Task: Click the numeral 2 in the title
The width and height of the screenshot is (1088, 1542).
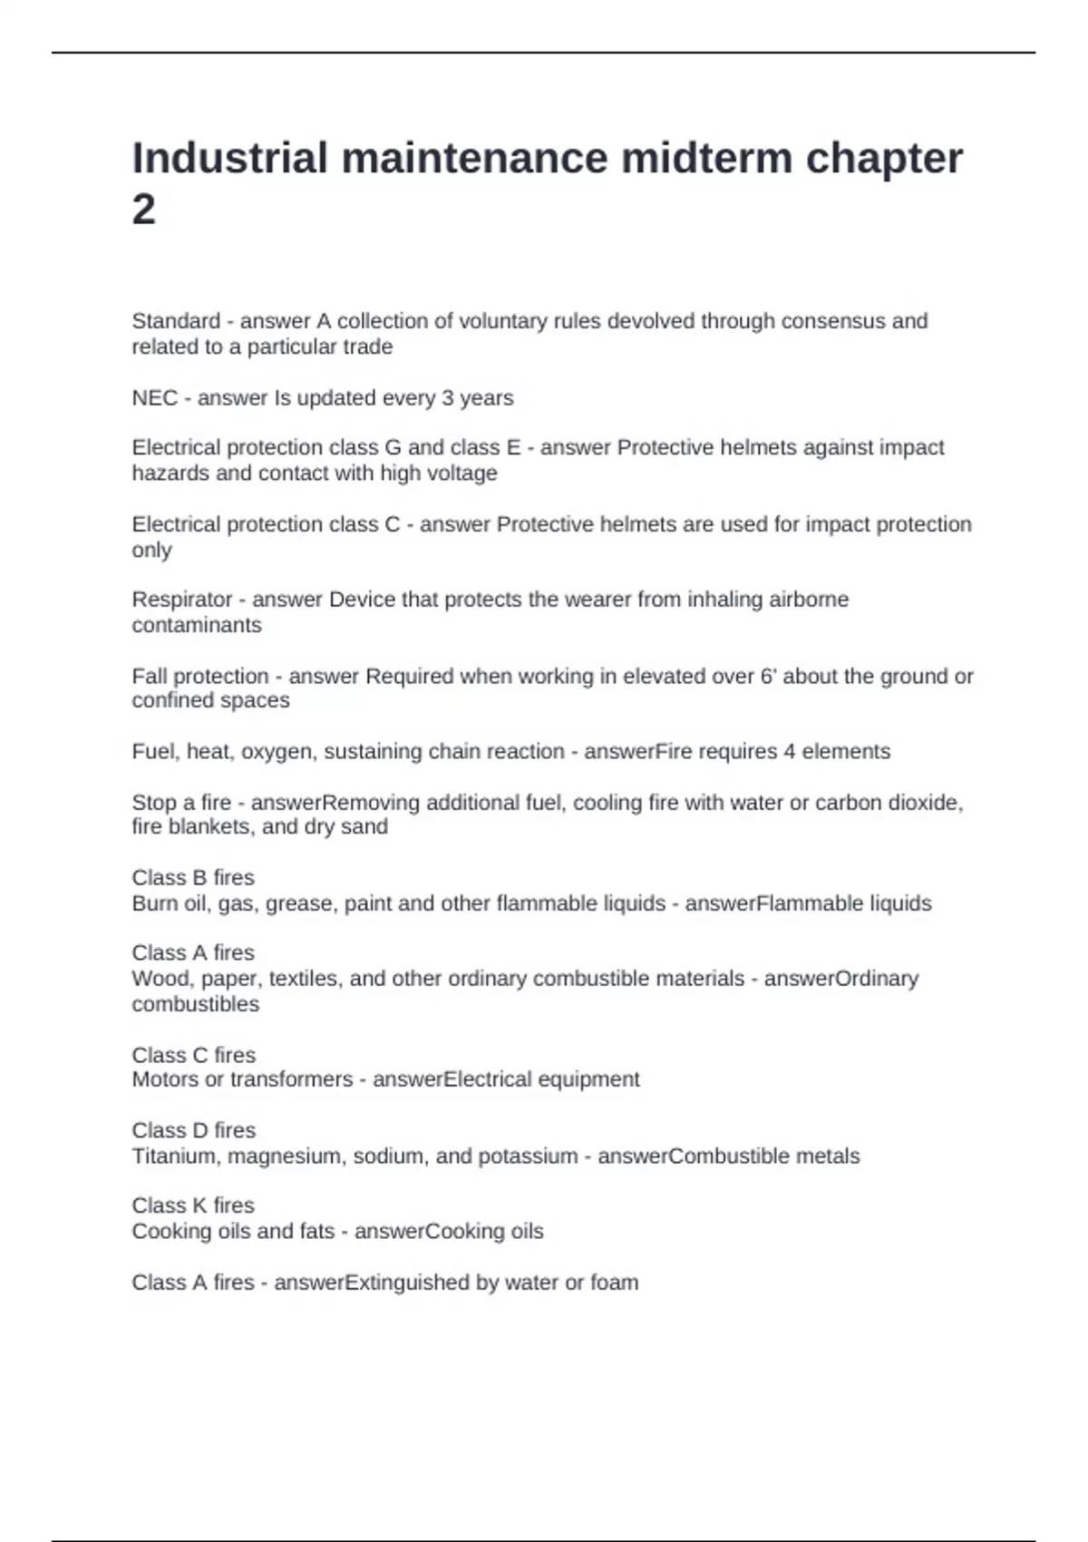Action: pyautogui.click(x=143, y=210)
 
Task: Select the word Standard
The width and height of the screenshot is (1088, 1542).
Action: pyautogui.click(x=176, y=321)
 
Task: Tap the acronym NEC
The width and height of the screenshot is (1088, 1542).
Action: pyautogui.click(x=154, y=397)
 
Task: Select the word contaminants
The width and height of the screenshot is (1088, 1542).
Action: pyautogui.click(x=196, y=625)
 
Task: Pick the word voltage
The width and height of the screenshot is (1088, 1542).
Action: pyautogui.click(x=461, y=473)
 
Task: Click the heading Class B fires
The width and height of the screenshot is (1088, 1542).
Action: pyautogui.click(x=193, y=877)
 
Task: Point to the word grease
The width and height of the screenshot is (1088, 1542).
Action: pyautogui.click(x=298, y=903)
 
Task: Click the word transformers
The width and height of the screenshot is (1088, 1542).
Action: pyautogui.click(x=291, y=1079)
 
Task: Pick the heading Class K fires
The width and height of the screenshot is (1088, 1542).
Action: pyautogui.click(x=193, y=1205)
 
